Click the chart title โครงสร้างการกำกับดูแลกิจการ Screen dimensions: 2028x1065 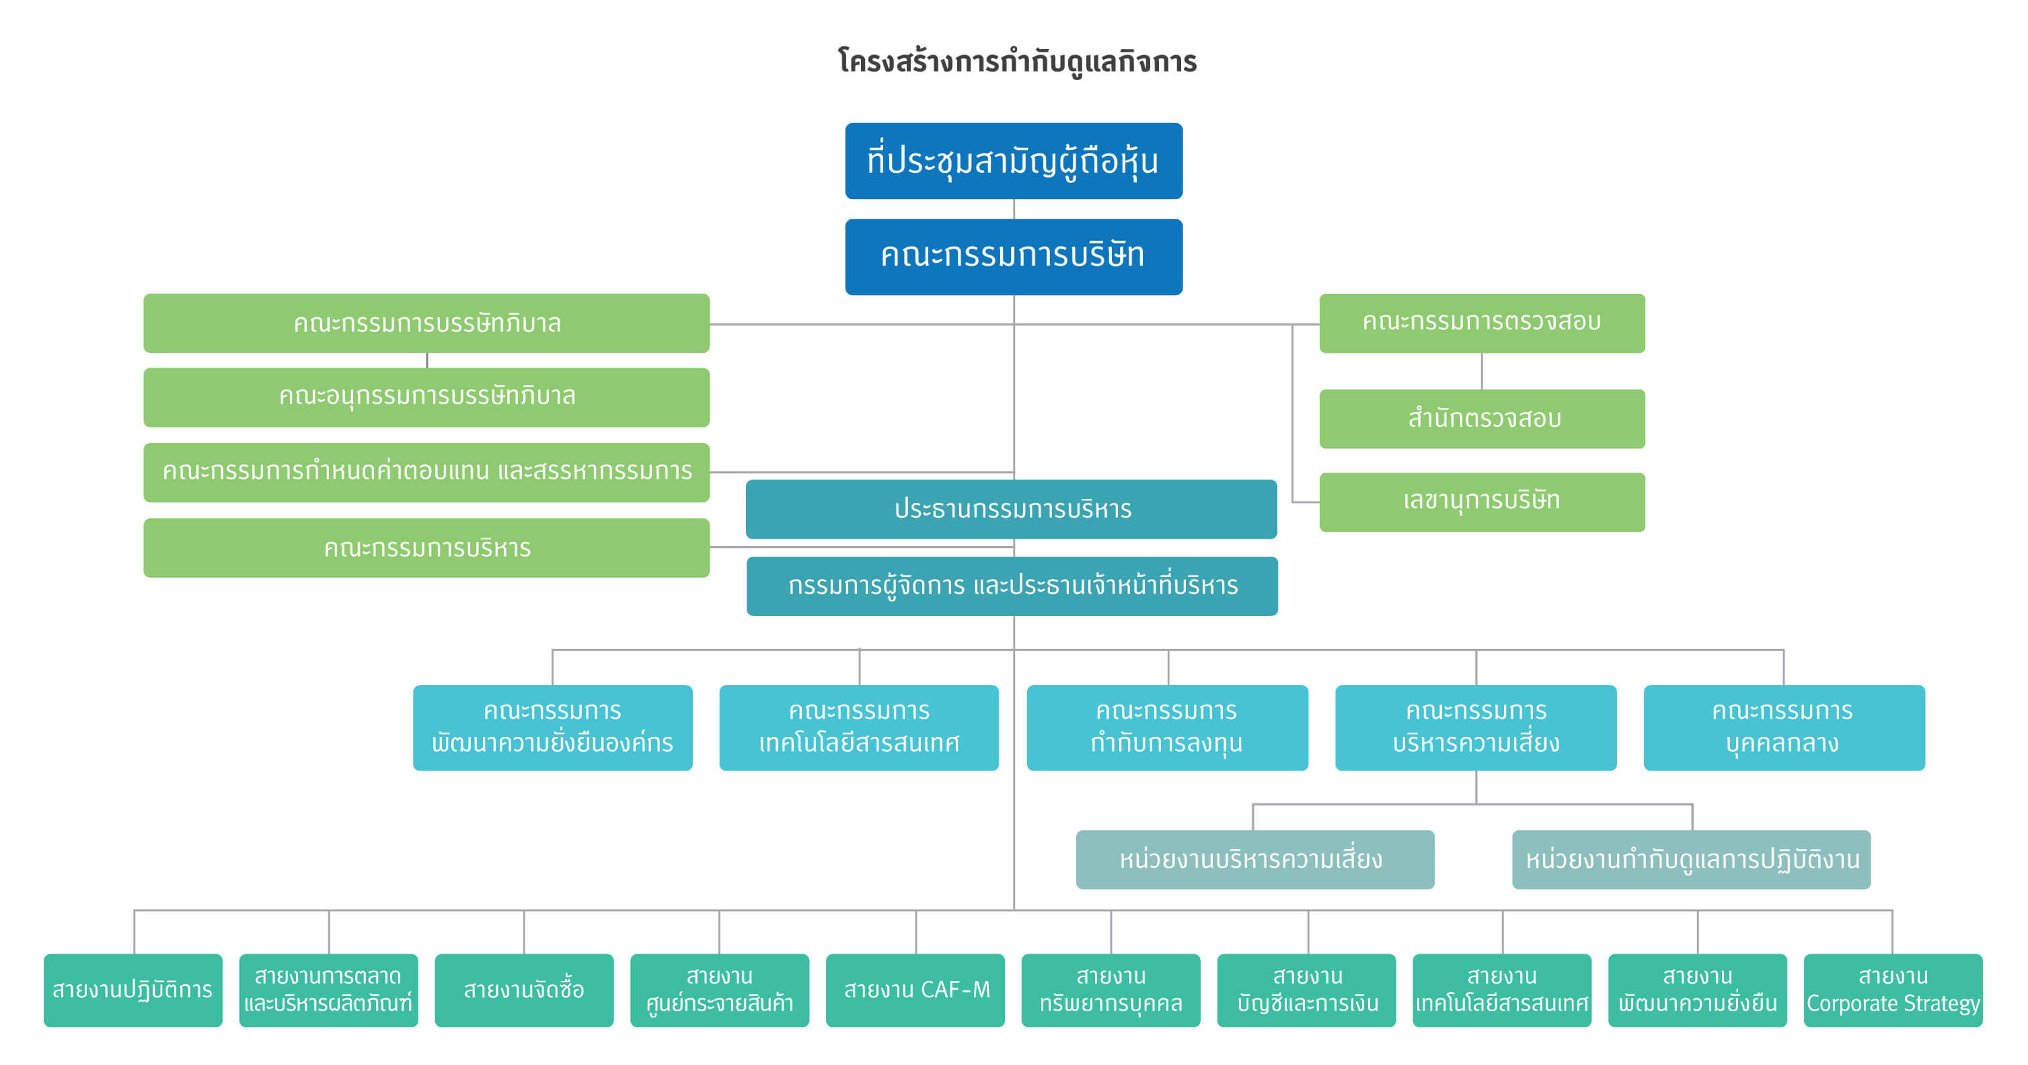1017,61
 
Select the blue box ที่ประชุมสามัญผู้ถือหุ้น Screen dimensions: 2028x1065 1013,161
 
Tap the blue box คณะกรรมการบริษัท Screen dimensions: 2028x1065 1013,257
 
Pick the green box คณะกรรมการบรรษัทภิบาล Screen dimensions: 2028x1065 426,323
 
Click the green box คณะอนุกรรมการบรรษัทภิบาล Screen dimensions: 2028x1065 426,397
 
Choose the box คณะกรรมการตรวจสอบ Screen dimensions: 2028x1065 1482,323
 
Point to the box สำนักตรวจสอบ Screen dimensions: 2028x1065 1482,418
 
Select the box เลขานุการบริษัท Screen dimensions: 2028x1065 1482,502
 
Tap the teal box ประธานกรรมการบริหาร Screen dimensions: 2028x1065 1011,508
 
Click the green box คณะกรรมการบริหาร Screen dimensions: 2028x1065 426,547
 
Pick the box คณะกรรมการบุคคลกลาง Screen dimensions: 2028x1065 1784,727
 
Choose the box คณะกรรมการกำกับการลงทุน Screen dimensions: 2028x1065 1167,727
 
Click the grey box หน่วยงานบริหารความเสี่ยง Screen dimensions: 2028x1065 1255,859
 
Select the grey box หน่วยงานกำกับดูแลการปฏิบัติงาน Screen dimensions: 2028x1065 1691,859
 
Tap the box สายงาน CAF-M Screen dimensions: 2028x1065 915,990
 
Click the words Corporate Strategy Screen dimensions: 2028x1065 1893,1004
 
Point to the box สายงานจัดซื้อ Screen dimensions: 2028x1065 523,990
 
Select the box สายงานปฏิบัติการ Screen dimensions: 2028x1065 133,990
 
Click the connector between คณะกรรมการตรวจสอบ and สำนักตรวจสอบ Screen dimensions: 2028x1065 1482,370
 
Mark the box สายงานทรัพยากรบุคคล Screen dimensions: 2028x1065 1111,990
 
